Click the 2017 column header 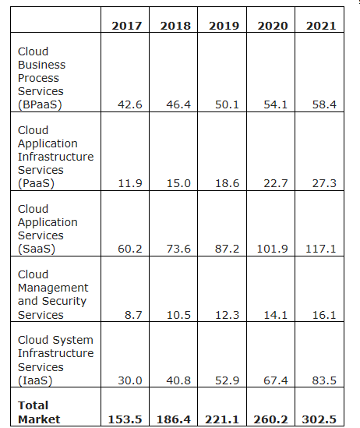126,26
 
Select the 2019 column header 224,26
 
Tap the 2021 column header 321,26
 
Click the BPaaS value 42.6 130,104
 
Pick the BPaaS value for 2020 276,104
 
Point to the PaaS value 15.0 178,183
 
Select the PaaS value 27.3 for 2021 324,183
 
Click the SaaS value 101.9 272,249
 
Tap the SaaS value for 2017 130,249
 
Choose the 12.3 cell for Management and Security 228,315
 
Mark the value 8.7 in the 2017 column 133,315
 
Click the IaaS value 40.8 178,380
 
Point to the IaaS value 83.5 324,380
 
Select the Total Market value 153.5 125,419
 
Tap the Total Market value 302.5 319,419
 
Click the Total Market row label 39,412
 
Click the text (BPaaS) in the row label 40,104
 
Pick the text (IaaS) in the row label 35,380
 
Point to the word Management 53,288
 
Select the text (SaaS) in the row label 37,249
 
